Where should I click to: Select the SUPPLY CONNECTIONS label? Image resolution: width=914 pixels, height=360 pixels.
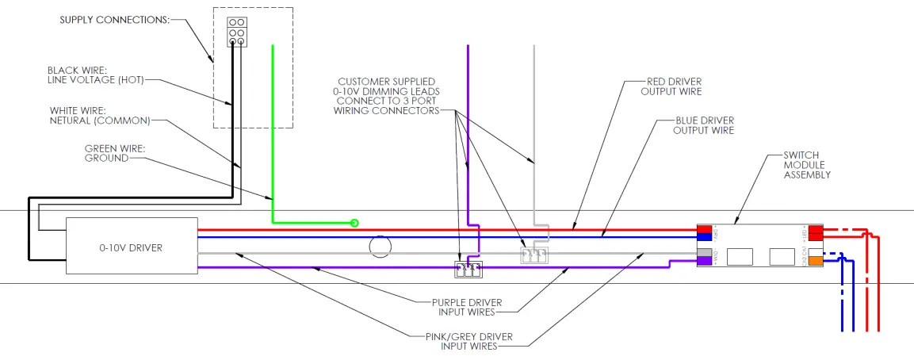[x=114, y=20]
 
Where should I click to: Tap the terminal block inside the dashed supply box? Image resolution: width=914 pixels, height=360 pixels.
[x=235, y=33]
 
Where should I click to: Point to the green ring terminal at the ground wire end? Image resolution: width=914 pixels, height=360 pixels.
[x=354, y=223]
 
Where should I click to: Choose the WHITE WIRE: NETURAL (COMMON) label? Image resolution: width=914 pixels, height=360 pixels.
[x=99, y=116]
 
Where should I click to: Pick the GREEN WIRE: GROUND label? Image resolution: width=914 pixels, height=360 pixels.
[x=106, y=153]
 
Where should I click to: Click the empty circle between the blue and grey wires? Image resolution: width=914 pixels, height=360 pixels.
[x=381, y=247]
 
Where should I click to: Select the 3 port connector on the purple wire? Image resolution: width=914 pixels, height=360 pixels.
[x=467, y=270]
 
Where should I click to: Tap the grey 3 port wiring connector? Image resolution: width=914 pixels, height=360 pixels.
[x=533, y=255]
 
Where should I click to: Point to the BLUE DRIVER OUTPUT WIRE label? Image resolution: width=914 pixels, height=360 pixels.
[x=703, y=125]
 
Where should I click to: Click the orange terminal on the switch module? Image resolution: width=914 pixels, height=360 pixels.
[x=816, y=260]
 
